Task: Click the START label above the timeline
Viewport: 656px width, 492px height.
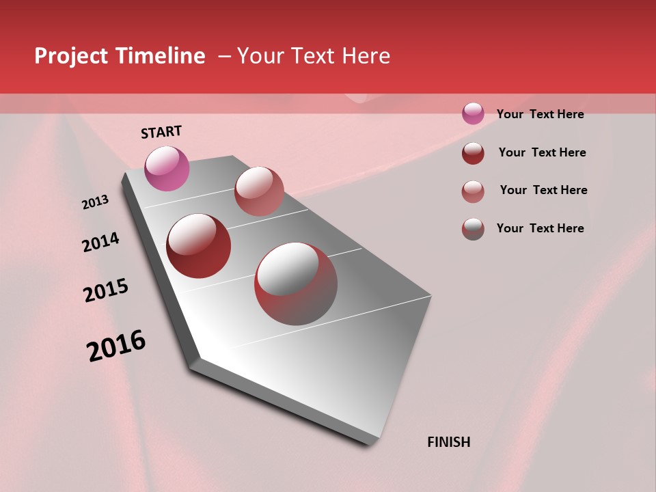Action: [x=161, y=132]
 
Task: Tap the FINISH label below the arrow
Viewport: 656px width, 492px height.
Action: [x=449, y=442]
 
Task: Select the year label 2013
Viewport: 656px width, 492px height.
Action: [x=95, y=202]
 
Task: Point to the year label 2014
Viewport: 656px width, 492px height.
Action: [x=100, y=242]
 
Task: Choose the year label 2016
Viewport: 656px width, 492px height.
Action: [x=116, y=346]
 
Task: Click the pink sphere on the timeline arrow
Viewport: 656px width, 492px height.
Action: [x=167, y=168]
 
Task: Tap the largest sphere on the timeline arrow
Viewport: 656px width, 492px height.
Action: [x=296, y=284]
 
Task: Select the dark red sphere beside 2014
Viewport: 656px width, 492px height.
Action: [x=199, y=246]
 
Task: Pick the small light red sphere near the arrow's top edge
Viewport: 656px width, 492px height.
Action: [x=259, y=191]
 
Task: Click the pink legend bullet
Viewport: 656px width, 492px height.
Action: [x=473, y=113]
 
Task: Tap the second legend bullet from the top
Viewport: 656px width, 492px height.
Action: [x=473, y=153]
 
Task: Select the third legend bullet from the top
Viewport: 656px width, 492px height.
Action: [x=473, y=191]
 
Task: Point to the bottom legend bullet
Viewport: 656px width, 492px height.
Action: [x=473, y=229]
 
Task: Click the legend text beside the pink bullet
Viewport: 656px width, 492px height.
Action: [x=540, y=114]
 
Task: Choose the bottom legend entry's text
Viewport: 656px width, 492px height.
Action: [x=540, y=228]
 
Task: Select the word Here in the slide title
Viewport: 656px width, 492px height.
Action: [x=366, y=56]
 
